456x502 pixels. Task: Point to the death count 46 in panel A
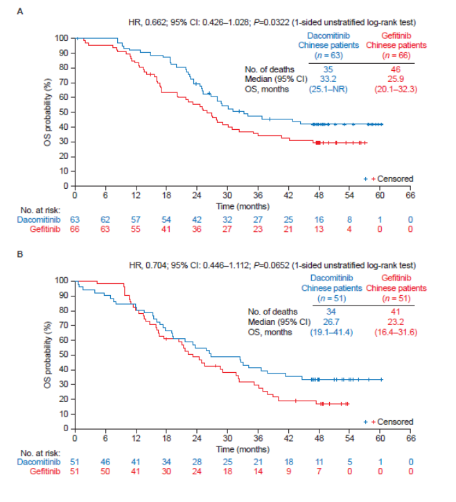395,69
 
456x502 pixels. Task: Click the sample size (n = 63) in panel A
328,54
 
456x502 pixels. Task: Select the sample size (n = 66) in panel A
395,54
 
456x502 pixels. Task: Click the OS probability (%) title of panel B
46,353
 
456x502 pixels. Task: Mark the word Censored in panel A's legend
394,178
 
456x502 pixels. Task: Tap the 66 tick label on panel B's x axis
410,439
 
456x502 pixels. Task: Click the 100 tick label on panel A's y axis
62,37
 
